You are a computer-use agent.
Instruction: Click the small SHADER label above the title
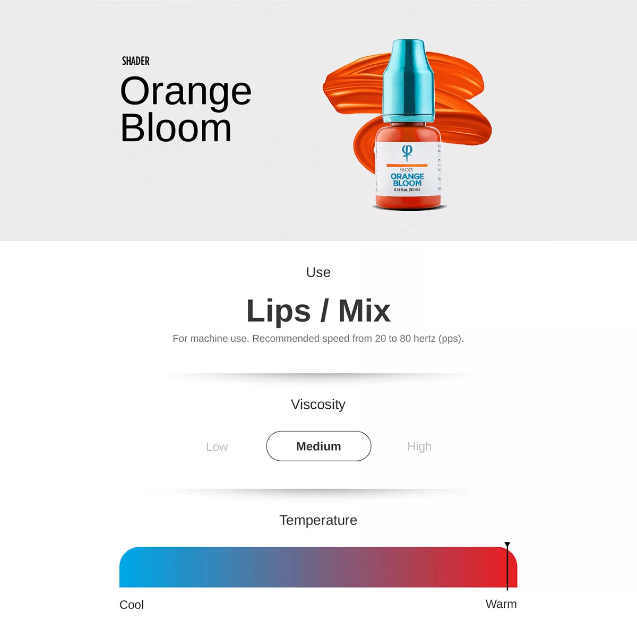135,61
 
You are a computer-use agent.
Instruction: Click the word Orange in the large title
186,92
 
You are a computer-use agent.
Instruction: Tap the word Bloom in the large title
176,128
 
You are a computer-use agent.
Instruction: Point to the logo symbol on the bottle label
407,152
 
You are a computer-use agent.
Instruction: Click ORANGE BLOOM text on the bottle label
407,179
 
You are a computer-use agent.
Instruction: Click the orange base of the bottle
408,201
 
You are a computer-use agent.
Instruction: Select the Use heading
318,272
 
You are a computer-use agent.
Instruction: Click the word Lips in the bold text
278,311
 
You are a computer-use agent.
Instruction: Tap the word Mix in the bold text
364,311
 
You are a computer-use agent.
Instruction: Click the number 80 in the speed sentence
406,339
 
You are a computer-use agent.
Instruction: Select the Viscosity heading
318,404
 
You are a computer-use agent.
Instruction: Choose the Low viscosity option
217,447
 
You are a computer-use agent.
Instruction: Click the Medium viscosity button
318,446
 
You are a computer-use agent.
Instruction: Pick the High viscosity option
419,446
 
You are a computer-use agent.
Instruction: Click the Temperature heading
318,520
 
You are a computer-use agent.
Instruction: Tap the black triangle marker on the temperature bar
507,545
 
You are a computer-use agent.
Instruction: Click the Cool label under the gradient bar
132,605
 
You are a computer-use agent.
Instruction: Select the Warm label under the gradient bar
501,604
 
